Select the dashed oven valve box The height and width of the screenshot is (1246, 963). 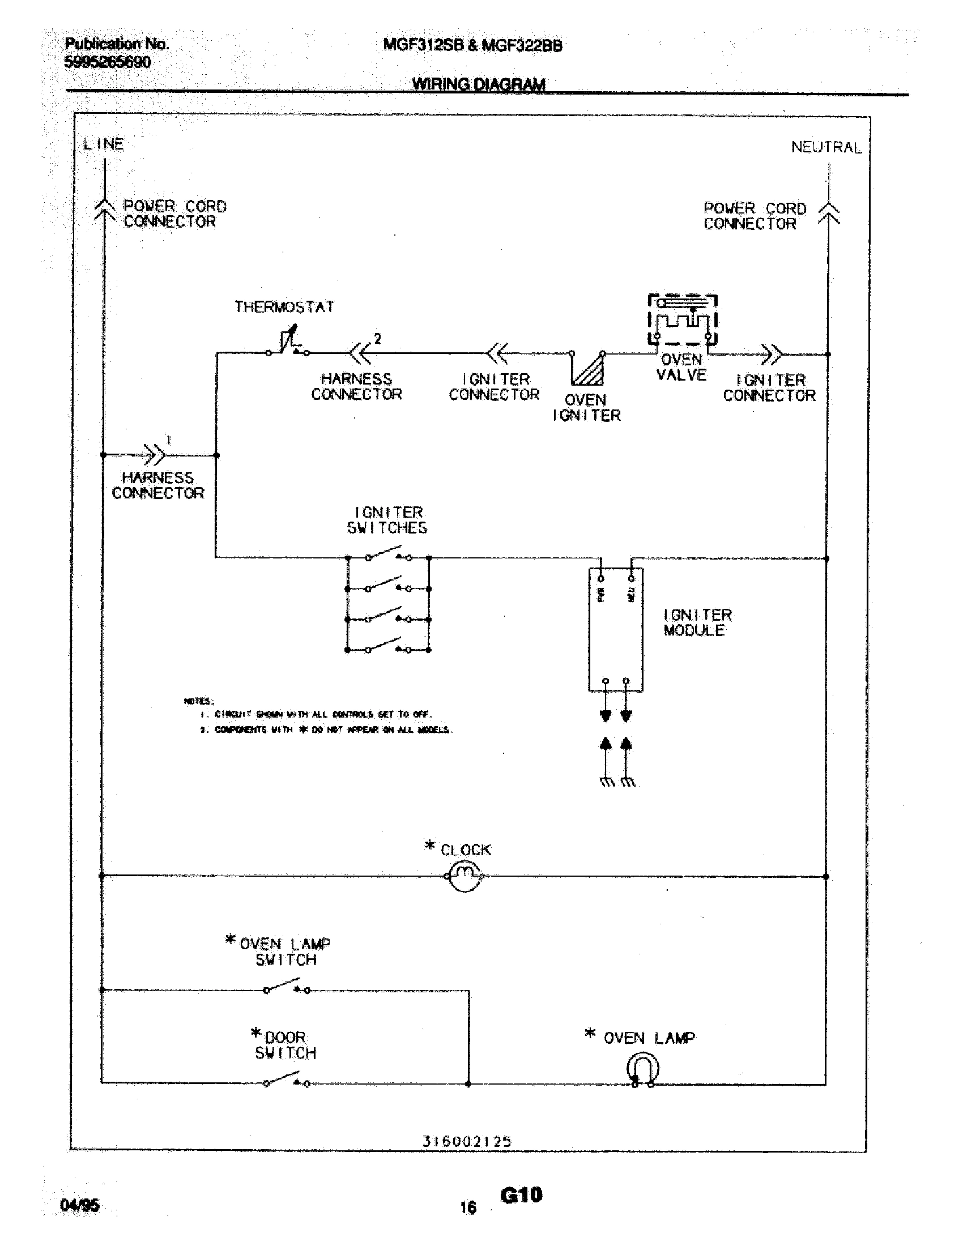click(x=683, y=321)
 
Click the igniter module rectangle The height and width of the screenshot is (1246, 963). click(x=616, y=630)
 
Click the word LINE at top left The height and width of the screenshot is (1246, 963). click(x=103, y=144)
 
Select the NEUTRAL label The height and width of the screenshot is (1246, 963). click(x=825, y=147)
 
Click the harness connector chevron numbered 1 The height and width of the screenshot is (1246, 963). click(x=154, y=455)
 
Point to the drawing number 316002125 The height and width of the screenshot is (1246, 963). click(x=467, y=1141)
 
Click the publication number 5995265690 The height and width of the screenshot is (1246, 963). click(x=108, y=62)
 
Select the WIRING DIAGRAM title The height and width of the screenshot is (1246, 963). click(x=478, y=84)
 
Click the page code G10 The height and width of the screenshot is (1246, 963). click(x=521, y=1195)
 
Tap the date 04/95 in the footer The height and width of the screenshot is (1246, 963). click(x=79, y=1205)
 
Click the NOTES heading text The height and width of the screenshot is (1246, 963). click(x=198, y=701)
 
